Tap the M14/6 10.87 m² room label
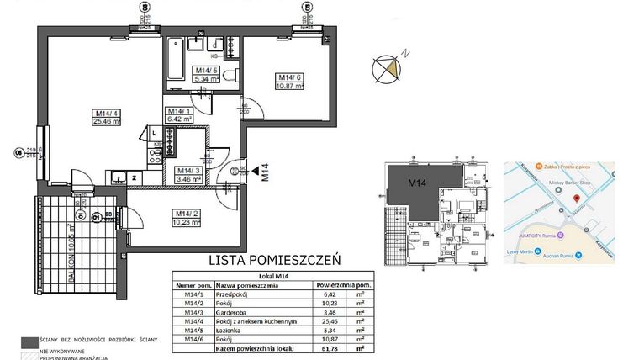[290, 83]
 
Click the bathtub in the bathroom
[175, 61]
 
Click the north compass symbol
[388, 66]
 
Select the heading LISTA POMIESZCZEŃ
[265, 262]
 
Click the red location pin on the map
[576, 199]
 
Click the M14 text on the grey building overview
[417, 183]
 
